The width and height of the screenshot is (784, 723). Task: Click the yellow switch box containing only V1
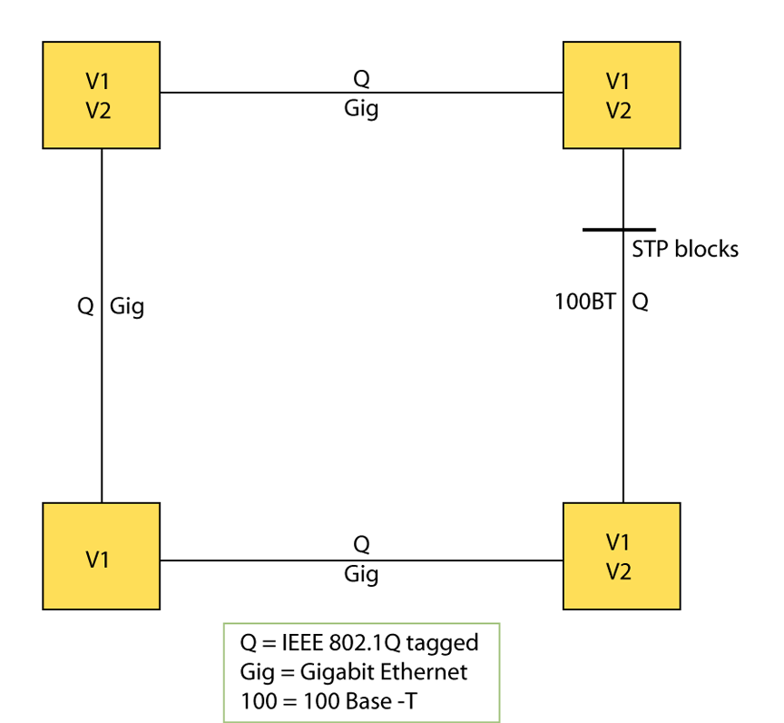[x=101, y=556]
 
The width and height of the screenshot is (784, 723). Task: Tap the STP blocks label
[x=685, y=249]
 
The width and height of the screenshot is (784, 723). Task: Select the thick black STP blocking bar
[x=619, y=230]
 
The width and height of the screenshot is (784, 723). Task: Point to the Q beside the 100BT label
[x=640, y=302]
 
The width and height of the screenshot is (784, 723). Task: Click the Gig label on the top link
[x=361, y=109]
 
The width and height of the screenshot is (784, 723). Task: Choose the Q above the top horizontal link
[x=361, y=79]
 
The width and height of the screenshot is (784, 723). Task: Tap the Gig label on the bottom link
[x=361, y=574]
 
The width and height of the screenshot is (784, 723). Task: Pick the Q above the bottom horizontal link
[x=361, y=544]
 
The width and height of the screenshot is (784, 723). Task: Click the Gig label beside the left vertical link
[x=127, y=307]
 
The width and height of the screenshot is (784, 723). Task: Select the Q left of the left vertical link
[x=85, y=307]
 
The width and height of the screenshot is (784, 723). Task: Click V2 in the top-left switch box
[x=101, y=110]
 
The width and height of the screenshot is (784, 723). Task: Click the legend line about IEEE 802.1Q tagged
[x=358, y=644]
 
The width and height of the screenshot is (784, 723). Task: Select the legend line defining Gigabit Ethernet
[x=354, y=672]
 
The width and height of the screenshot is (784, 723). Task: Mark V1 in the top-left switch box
[x=101, y=81]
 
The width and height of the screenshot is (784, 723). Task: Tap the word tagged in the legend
[x=442, y=644]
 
